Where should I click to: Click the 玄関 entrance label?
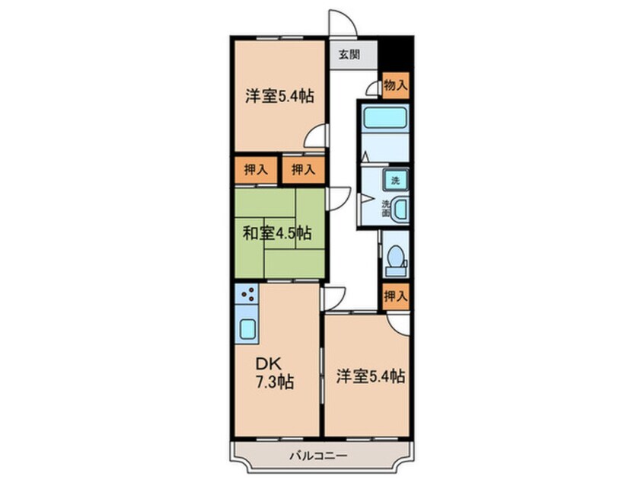pos(349,55)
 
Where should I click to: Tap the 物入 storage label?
pos(394,85)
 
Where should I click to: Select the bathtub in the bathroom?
pos(384,118)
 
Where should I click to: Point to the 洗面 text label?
pos(386,208)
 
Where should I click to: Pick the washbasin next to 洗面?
pos(400,209)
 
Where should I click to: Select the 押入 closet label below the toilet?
pos(394,296)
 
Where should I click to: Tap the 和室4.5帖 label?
pos(277,232)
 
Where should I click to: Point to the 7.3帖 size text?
pos(276,380)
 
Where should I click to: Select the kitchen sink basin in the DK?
pos(248,330)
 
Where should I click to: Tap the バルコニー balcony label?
pos(318,456)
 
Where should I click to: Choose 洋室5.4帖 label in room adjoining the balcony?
pos(370,376)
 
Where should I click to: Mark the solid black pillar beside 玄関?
pos(395,53)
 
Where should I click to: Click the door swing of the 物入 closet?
pos(373,88)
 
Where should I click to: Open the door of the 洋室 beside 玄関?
pos(317,137)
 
